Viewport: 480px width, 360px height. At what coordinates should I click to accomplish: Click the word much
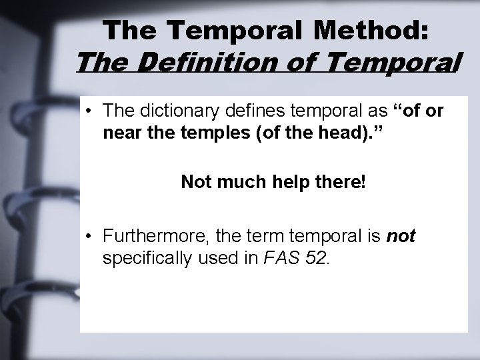241,182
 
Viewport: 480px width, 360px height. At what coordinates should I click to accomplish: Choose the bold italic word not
401,237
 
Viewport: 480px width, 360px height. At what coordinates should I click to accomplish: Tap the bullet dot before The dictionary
89,110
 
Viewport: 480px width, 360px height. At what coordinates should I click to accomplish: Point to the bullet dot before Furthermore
89,237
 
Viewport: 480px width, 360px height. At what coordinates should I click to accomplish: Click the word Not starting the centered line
196,182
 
